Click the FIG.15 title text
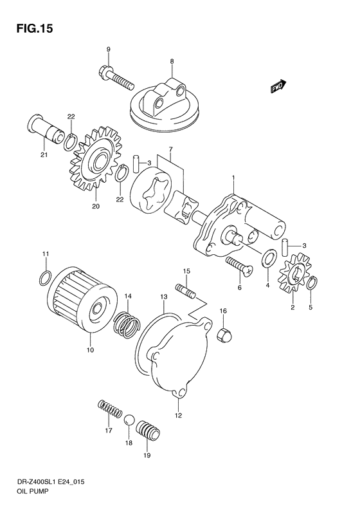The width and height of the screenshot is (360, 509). pos(30,28)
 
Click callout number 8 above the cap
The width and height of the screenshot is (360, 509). pos(172,61)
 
